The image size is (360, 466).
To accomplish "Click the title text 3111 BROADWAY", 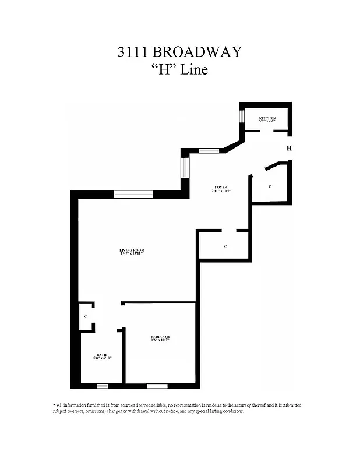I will point(179,52).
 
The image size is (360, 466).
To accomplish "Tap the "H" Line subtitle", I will point(179,70).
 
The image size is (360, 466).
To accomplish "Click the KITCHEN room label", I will point(267,118).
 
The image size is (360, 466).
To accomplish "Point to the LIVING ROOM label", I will point(132,250).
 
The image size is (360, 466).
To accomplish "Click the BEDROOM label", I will point(160,337).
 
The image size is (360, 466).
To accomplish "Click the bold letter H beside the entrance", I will point(289,149).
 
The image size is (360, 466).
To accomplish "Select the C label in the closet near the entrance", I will point(270,186).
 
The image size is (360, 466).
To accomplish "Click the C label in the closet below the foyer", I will point(225,247).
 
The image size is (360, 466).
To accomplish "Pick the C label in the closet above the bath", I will point(86,316).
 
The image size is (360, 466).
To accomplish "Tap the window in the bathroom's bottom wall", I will point(102,386).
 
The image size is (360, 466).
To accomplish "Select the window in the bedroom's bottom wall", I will point(157,386).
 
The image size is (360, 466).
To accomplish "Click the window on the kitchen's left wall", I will point(242,115).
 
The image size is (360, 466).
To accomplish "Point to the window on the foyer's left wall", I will point(185,167).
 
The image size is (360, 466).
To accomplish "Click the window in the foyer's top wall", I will point(209,151).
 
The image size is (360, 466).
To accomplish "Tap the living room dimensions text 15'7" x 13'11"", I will point(132,253).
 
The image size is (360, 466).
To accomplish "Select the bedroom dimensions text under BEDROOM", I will point(160,341).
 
